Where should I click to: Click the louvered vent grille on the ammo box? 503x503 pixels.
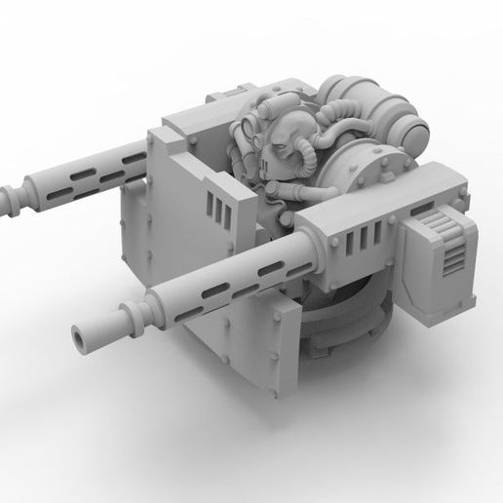[450, 258]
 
